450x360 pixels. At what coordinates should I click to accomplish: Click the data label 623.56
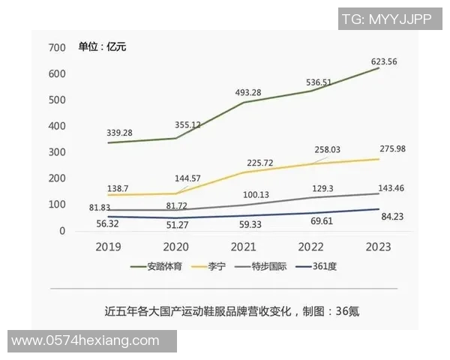click(x=378, y=61)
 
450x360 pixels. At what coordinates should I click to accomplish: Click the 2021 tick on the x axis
click(x=243, y=246)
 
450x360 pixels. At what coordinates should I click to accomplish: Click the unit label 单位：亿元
click(x=103, y=47)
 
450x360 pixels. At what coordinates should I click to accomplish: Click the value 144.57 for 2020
click(x=187, y=178)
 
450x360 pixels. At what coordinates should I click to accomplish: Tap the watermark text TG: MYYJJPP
click(x=385, y=19)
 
